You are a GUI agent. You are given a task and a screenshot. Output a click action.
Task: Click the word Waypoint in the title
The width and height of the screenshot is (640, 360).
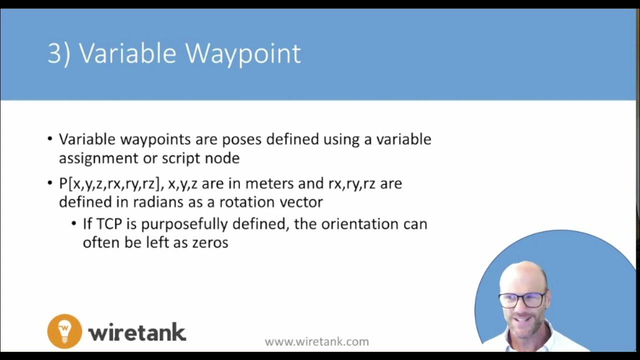244,53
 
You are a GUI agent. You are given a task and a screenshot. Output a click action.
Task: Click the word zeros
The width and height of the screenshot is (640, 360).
210,242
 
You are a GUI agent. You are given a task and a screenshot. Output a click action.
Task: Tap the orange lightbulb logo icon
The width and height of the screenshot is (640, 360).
64,330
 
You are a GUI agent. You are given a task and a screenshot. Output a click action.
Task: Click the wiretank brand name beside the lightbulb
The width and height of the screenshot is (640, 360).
137,332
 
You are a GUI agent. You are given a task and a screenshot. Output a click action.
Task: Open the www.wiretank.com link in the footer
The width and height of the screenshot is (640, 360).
316,342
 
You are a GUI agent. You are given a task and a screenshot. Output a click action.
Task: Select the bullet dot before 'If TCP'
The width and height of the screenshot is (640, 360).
74,223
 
